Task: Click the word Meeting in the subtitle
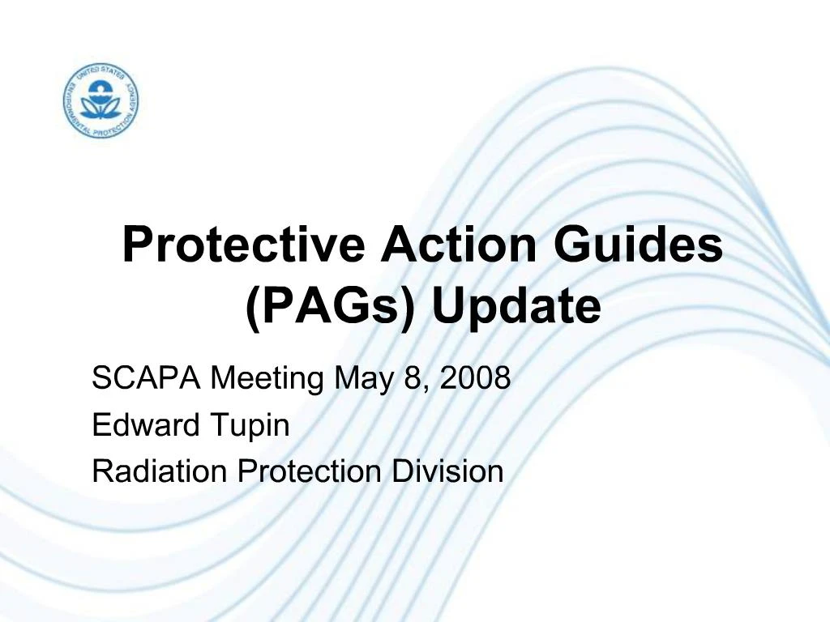(267, 378)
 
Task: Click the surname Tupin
(249, 425)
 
